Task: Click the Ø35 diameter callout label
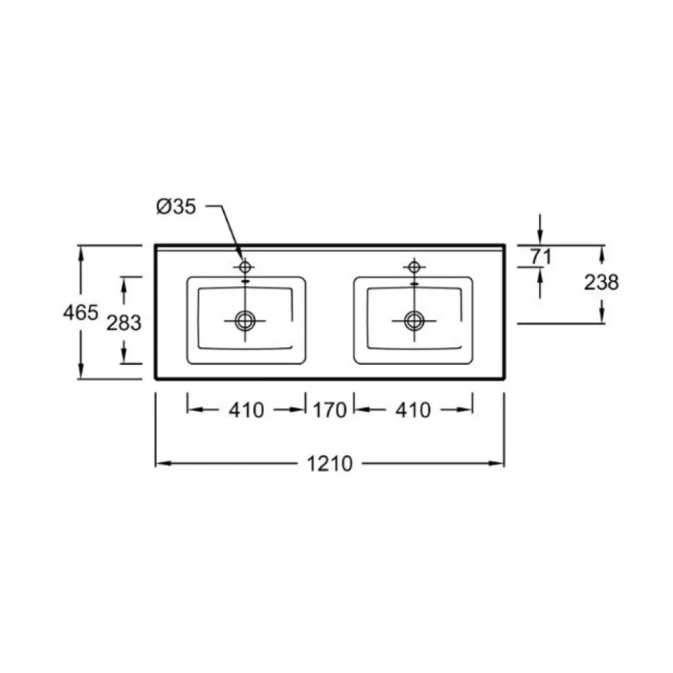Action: click(176, 206)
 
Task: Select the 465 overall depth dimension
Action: click(80, 312)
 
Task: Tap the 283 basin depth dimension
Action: click(124, 322)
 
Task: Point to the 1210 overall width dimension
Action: click(330, 464)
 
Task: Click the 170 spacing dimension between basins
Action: click(330, 410)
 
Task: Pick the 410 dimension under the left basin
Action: click(247, 410)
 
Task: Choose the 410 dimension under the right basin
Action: click(413, 410)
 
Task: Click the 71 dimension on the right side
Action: click(540, 257)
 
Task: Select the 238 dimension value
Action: click(601, 283)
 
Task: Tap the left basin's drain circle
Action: click(245, 320)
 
